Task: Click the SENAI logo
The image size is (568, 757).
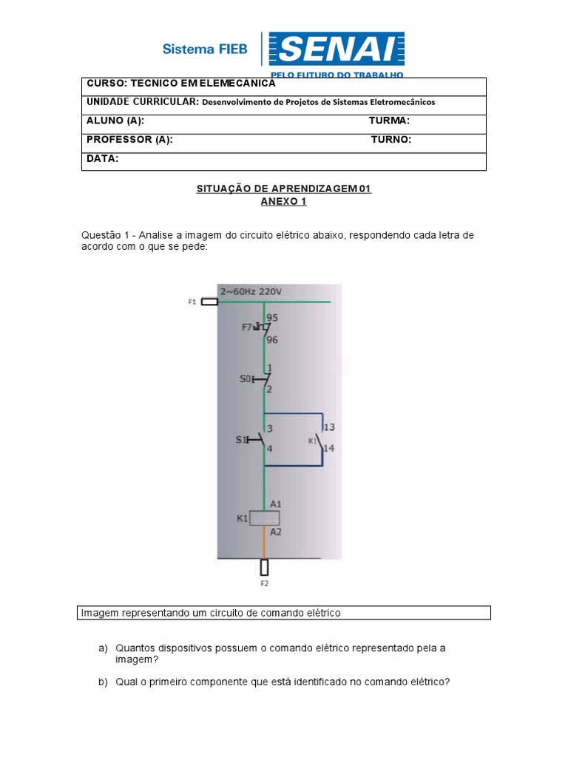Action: point(336,50)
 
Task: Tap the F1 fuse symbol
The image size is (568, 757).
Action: point(209,302)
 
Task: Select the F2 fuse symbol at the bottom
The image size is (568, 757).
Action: point(264,567)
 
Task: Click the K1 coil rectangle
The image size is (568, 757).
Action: point(264,518)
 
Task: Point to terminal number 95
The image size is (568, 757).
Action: point(272,317)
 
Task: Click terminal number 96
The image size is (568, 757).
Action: point(272,340)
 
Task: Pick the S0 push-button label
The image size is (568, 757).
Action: point(245,378)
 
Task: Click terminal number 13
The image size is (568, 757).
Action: point(330,427)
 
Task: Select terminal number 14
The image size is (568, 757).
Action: point(330,448)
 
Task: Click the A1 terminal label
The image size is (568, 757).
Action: point(275,503)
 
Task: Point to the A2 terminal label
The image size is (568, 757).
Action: point(275,532)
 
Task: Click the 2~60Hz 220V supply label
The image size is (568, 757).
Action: point(250,291)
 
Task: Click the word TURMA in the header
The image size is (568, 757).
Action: point(389,120)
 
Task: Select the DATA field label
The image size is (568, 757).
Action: point(102,159)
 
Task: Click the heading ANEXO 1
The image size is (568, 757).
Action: point(283,201)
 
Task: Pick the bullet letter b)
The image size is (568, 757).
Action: point(103,682)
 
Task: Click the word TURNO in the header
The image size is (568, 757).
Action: point(391,140)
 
